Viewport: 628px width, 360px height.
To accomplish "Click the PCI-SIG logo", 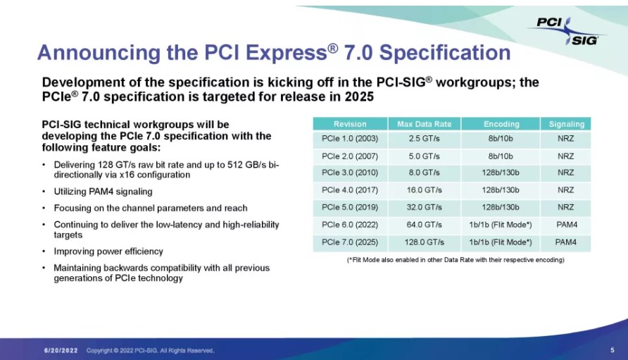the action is pos(567,31).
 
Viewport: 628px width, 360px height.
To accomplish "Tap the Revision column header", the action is pos(350,124).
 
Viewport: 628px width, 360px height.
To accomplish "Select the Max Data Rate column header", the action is pos(424,124).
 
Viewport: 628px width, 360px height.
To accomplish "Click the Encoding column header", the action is pos(501,124).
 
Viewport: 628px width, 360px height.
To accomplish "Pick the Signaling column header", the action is pos(566,124).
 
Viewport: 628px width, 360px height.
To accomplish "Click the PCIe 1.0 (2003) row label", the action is pos(350,139).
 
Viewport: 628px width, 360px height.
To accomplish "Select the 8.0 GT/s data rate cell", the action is pos(424,173).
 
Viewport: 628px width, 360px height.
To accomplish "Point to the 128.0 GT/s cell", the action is pos(424,242).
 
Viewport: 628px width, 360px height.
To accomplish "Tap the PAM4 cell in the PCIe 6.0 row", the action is pos(567,225).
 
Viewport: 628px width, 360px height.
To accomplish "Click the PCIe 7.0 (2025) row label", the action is pos(350,242).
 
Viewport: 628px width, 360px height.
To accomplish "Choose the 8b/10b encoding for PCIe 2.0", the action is pos(501,156).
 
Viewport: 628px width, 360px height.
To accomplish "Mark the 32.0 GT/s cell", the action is pos(424,207).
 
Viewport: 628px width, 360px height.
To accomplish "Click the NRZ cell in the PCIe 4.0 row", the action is pos(566,190).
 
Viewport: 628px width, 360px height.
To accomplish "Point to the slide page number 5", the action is pos(612,350).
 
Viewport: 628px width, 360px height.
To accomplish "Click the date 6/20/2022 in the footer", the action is pos(61,350).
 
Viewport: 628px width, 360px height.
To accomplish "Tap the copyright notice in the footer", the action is pos(150,350).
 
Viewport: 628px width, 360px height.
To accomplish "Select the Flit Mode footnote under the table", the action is pos(456,260).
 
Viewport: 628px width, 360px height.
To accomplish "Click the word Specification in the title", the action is pos(444,52).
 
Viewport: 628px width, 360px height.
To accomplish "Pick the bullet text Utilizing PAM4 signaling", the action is pos(103,192).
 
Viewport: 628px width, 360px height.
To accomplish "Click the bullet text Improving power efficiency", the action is pos(108,252).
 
